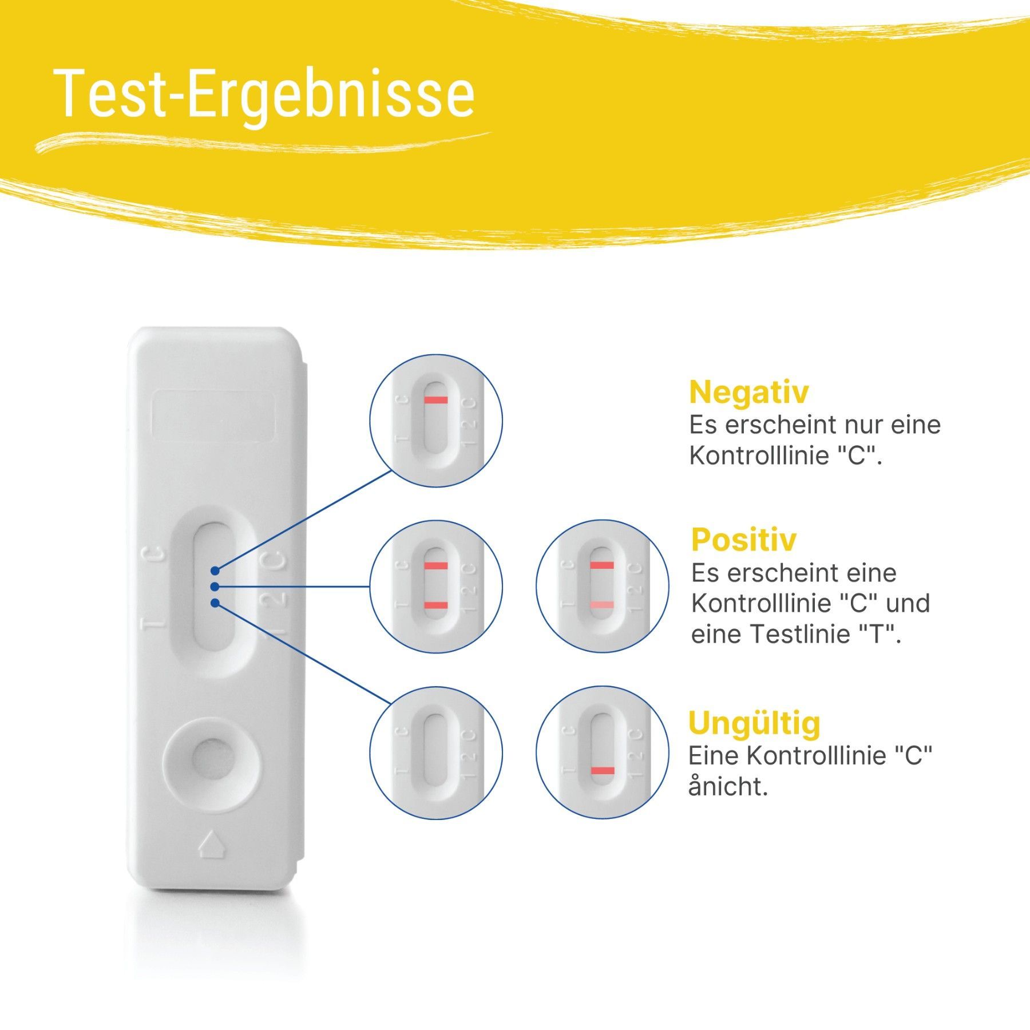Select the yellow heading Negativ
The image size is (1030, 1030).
point(748,393)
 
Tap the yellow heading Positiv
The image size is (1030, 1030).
point(743,539)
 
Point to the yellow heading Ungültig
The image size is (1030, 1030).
point(754,723)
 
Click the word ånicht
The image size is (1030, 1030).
point(728,787)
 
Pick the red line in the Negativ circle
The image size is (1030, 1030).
point(435,399)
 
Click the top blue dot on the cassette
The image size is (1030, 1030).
point(215,571)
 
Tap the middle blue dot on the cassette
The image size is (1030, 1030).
point(215,587)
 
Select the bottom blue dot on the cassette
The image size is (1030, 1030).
point(215,603)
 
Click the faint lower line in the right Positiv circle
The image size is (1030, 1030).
point(602,605)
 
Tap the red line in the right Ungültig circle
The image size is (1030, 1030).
point(602,771)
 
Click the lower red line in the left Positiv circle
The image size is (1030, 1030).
point(435,605)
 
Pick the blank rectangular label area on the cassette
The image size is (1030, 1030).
point(213,416)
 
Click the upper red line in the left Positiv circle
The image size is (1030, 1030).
point(435,565)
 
